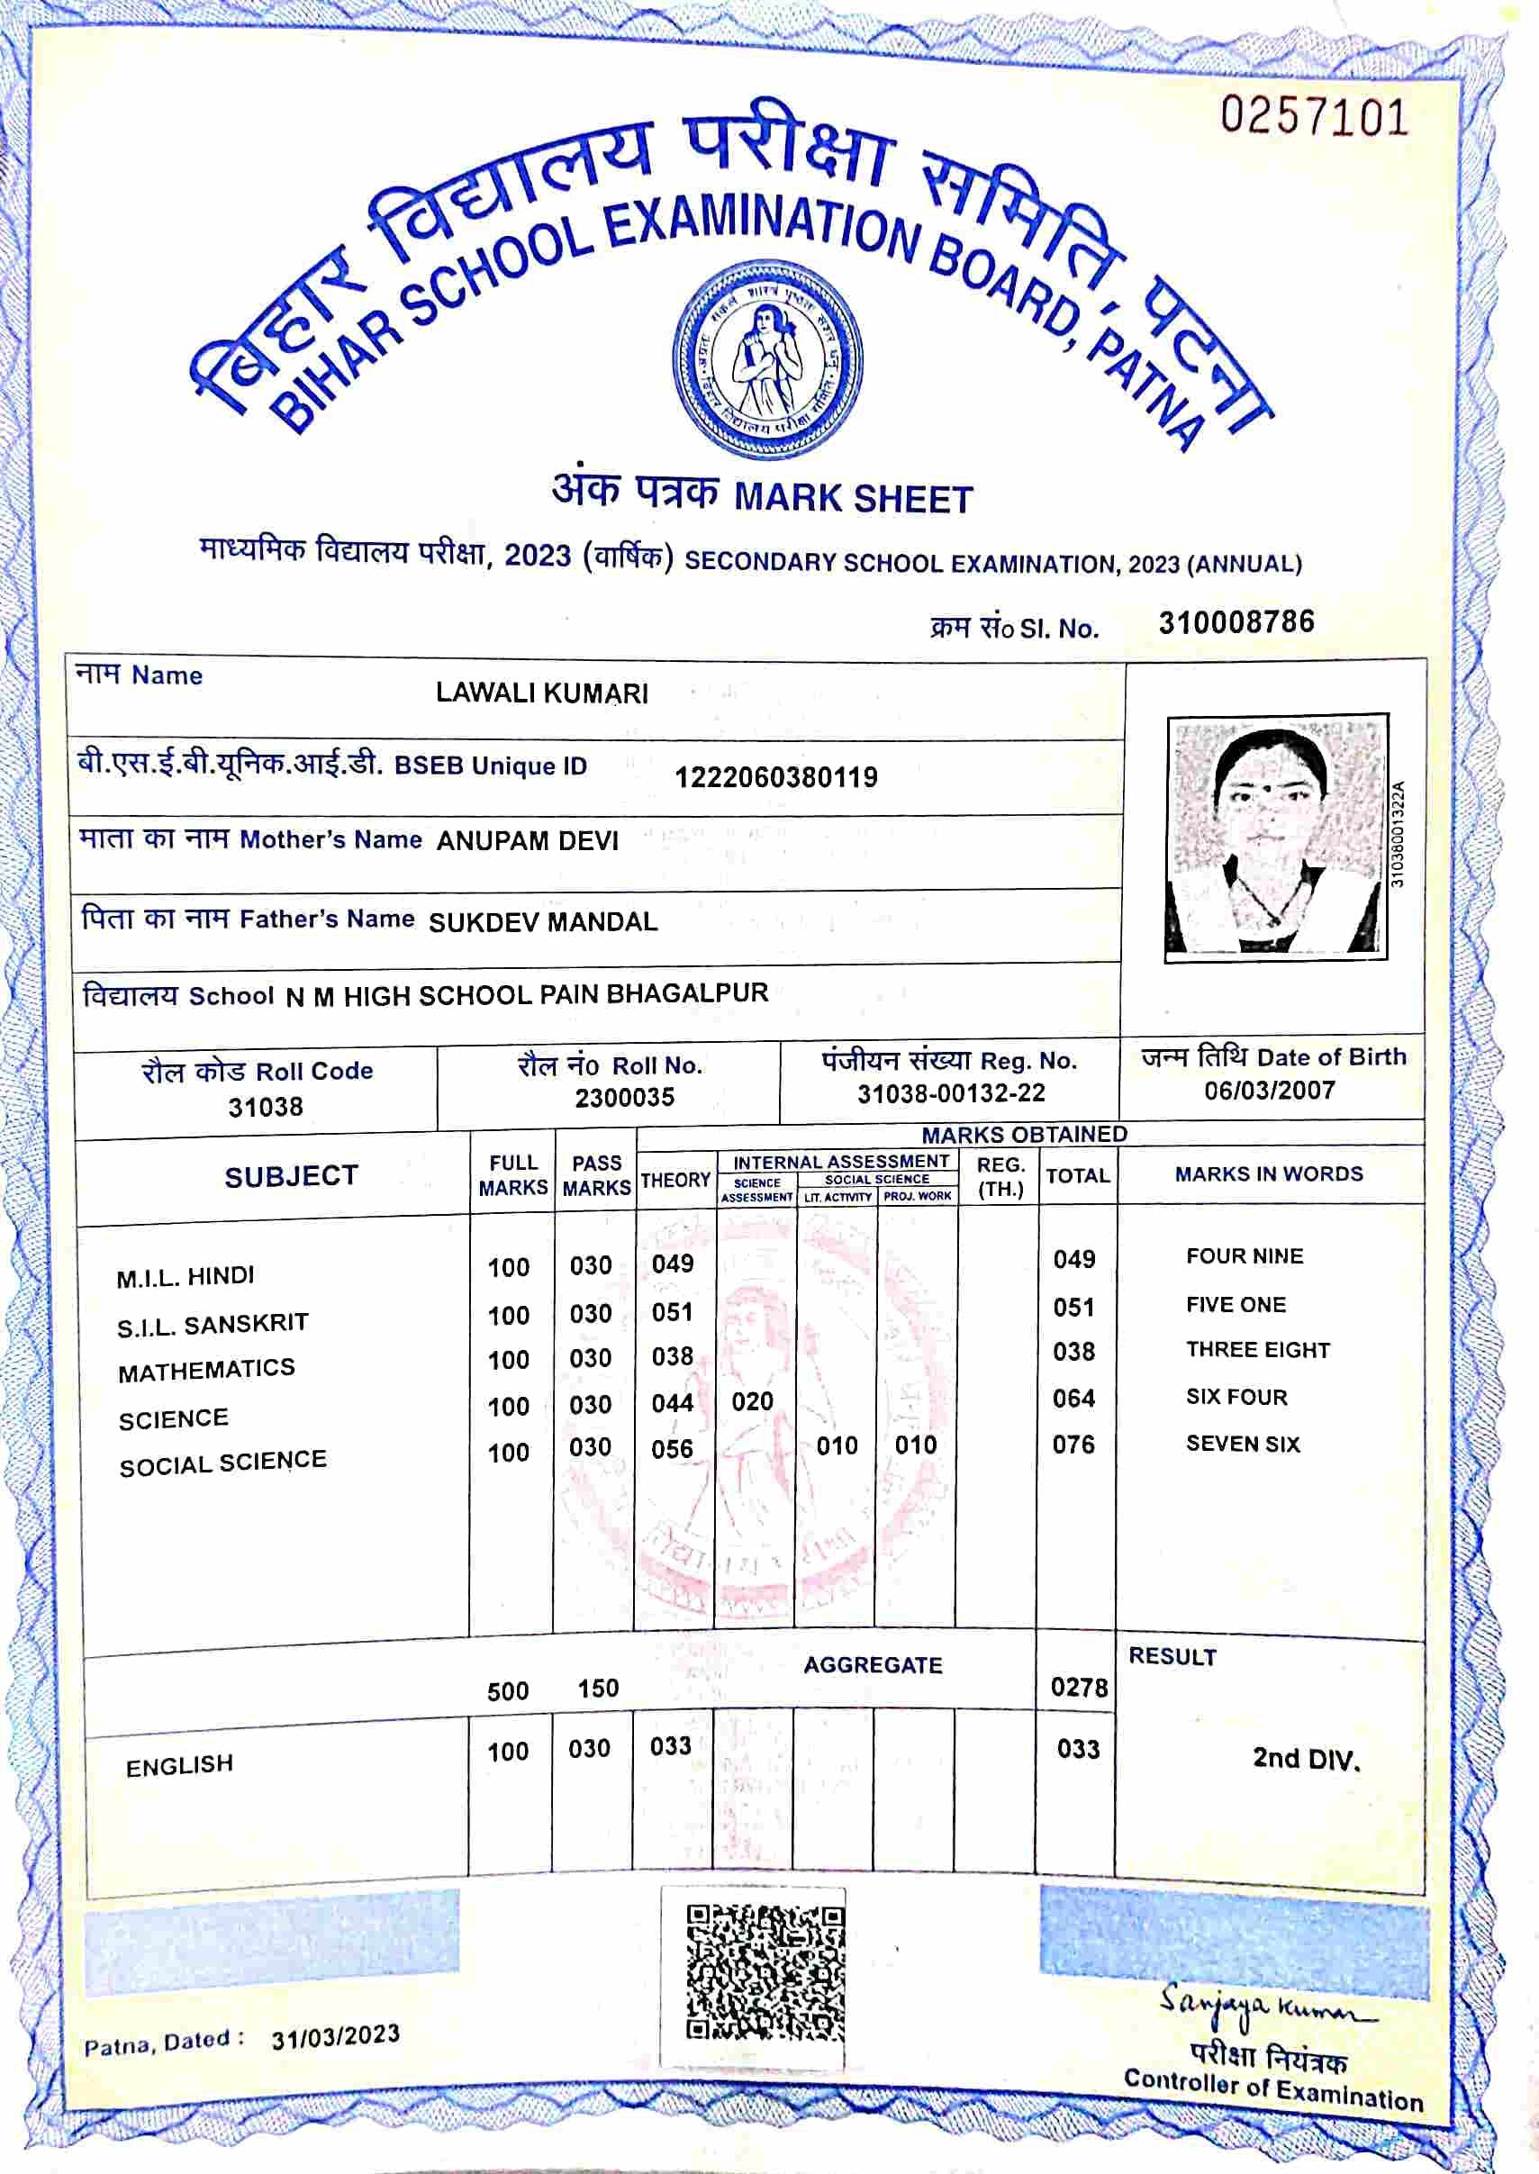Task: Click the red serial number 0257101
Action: tap(1314, 117)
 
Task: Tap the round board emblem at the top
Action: tap(766, 363)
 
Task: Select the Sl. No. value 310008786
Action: tap(1236, 622)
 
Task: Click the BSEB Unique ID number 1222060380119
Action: tap(776, 778)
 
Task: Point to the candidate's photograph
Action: tap(1275, 836)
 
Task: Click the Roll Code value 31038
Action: tap(266, 1107)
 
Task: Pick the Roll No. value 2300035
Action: tap(624, 1098)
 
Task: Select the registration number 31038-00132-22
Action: tap(950, 1093)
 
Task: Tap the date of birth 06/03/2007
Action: tap(1269, 1091)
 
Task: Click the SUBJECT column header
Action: tap(291, 1176)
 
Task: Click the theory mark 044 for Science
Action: tap(672, 1402)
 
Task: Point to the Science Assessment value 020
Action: tap(753, 1401)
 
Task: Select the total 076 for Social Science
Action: tap(1073, 1445)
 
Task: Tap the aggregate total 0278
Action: tap(1079, 1688)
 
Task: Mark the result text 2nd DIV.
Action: tap(1306, 1759)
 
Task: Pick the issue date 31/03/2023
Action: tap(336, 2036)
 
